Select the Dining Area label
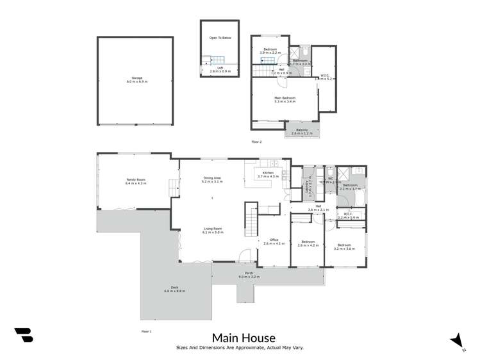[x=212, y=179]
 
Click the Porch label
[x=247, y=275]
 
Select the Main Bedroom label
[x=285, y=99]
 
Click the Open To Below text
[x=220, y=38]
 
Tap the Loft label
[x=220, y=69]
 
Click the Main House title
[x=244, y=338]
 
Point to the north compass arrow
[x=456, y=340]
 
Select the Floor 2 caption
[x=257, y=141]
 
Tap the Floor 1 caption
[x=146, y=331]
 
